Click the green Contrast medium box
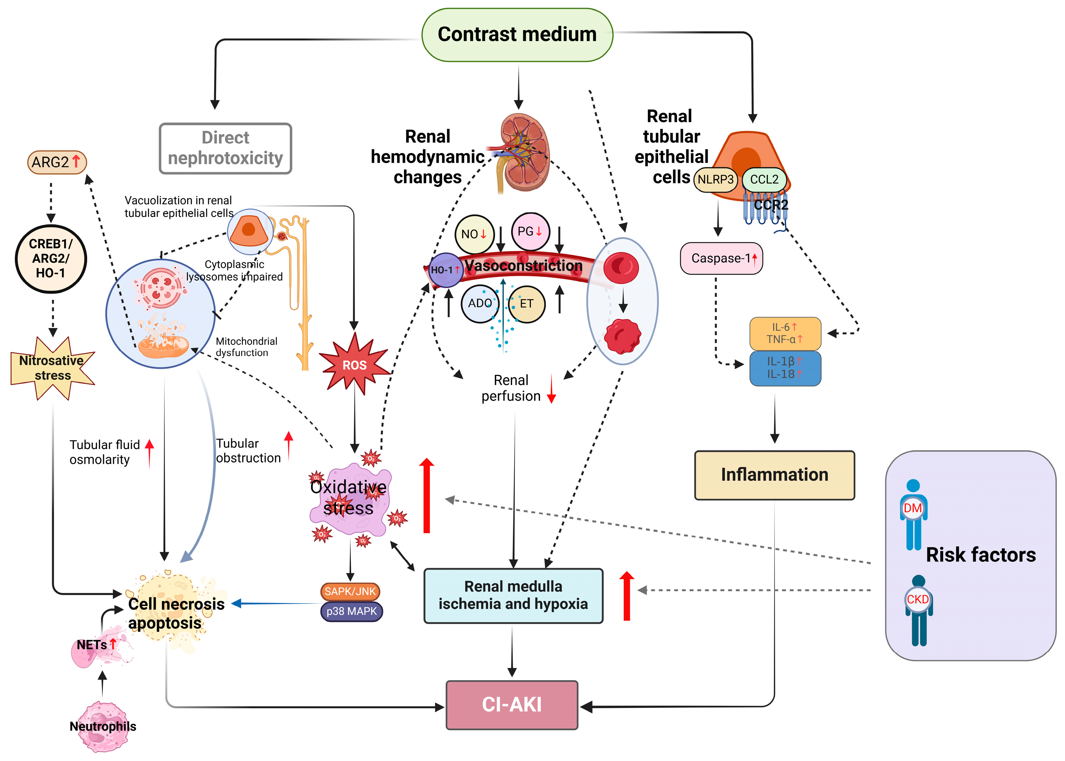click(x=517, y=35)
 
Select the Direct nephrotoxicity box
click(x=226, y=148)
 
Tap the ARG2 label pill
click(x=57, y=162)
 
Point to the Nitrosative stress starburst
click(x=52, y=368)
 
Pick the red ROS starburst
click(x=355, y=364)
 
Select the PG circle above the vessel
click(x=530, y=231)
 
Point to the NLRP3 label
click(x=715, y=180)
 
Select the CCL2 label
click(x=764, y=180)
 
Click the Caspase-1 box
click(x=721, y=258)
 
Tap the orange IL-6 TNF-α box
click(x=785, y=333)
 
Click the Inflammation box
click(x=774, y=475)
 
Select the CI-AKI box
click(x=512, y=705)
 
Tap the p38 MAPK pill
click(x=352, y=612)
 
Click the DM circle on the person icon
click(x=913, y=508)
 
